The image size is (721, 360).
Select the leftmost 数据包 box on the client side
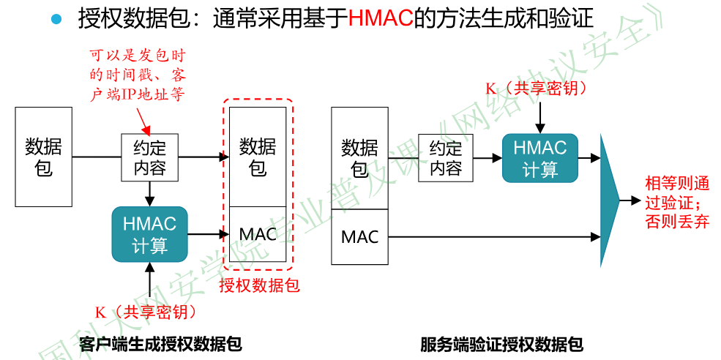(44, 156)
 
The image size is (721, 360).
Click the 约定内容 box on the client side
(150, 157)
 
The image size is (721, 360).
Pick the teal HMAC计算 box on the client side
(149, 234)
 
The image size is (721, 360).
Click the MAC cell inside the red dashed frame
(258, 234)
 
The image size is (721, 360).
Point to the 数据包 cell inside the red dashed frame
(258, 157)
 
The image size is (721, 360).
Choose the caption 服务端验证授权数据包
(501, 343)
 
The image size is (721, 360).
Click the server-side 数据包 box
(359, 158)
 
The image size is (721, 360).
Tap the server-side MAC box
(359, 237)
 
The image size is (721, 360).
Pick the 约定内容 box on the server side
(446, 158)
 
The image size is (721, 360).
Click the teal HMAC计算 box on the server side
(539, 158)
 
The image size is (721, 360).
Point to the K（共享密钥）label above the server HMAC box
(539, 89)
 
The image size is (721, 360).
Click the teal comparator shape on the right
(609, 199)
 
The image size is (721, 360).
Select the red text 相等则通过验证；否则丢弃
(676, 202)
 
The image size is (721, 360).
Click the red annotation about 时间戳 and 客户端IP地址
(137, 75)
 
